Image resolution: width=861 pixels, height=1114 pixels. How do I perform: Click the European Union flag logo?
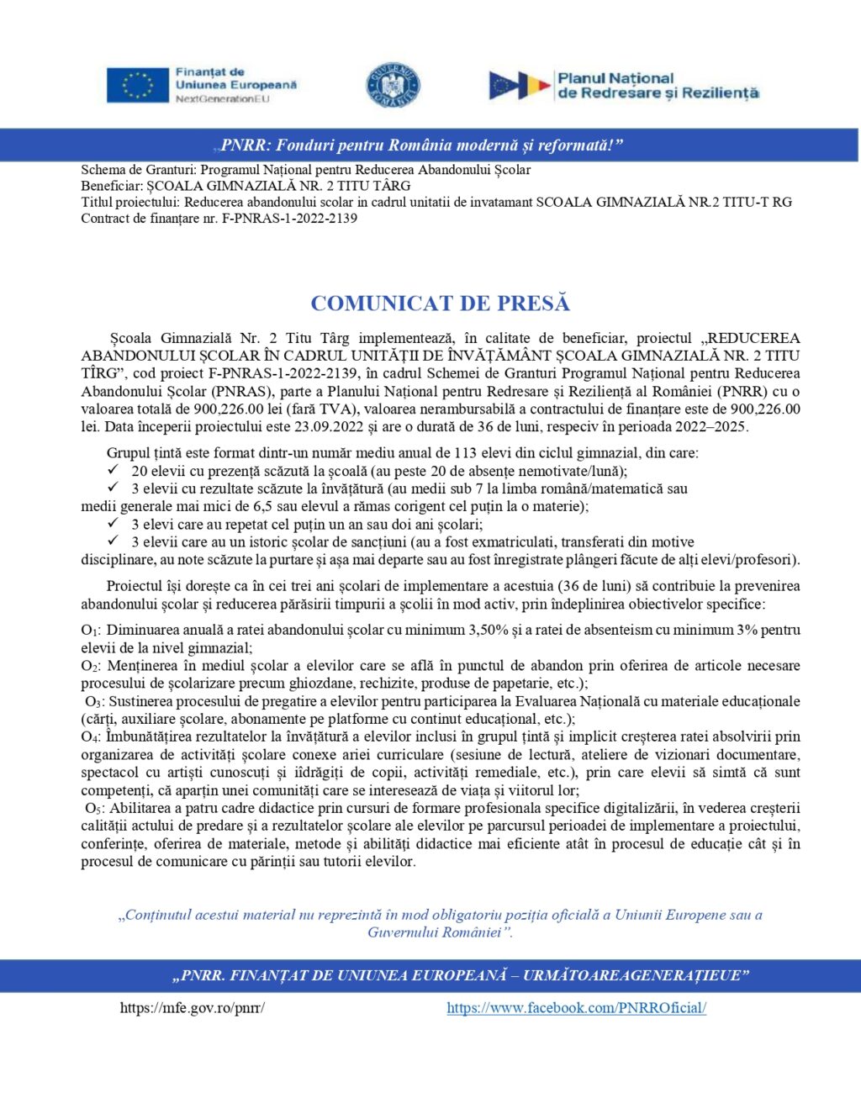[138, 85]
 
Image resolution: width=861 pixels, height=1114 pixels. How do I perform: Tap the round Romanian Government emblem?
[393, 85]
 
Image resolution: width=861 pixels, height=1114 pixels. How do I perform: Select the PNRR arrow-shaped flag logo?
[520, 85]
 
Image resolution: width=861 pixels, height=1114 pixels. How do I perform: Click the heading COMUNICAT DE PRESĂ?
[440, 303]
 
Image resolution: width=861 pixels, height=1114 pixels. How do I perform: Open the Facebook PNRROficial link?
[576, 1007]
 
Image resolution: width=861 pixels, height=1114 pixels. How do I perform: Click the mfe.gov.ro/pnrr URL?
[193, 1007]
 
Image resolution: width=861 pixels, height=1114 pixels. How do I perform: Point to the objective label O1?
[90, 631]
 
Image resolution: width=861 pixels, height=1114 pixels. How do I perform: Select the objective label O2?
[90, 666]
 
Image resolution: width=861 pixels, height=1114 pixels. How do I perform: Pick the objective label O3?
[93, 701]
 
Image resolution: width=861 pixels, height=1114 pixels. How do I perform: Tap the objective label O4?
[90, 737]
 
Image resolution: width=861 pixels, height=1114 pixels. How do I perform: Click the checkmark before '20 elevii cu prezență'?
[113, 470]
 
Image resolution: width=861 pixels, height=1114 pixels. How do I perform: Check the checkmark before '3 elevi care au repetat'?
[113, 523]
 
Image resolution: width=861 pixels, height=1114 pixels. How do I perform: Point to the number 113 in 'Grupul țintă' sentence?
[466, 452]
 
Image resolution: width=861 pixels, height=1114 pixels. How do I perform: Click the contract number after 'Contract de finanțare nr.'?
[289, 219]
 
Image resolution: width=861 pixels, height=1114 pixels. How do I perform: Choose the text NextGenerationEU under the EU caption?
[222, 99]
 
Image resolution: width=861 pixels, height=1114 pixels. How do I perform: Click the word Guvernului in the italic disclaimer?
[399, 932]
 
